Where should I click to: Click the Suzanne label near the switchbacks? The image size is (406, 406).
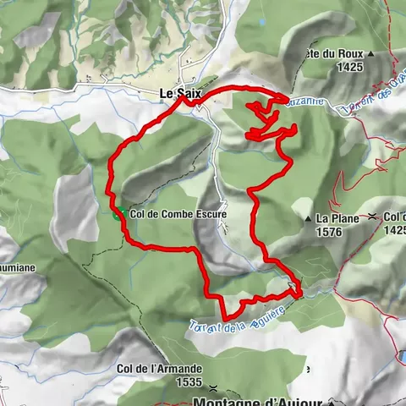pos(304,101)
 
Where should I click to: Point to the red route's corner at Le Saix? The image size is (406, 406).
pos(183,98)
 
